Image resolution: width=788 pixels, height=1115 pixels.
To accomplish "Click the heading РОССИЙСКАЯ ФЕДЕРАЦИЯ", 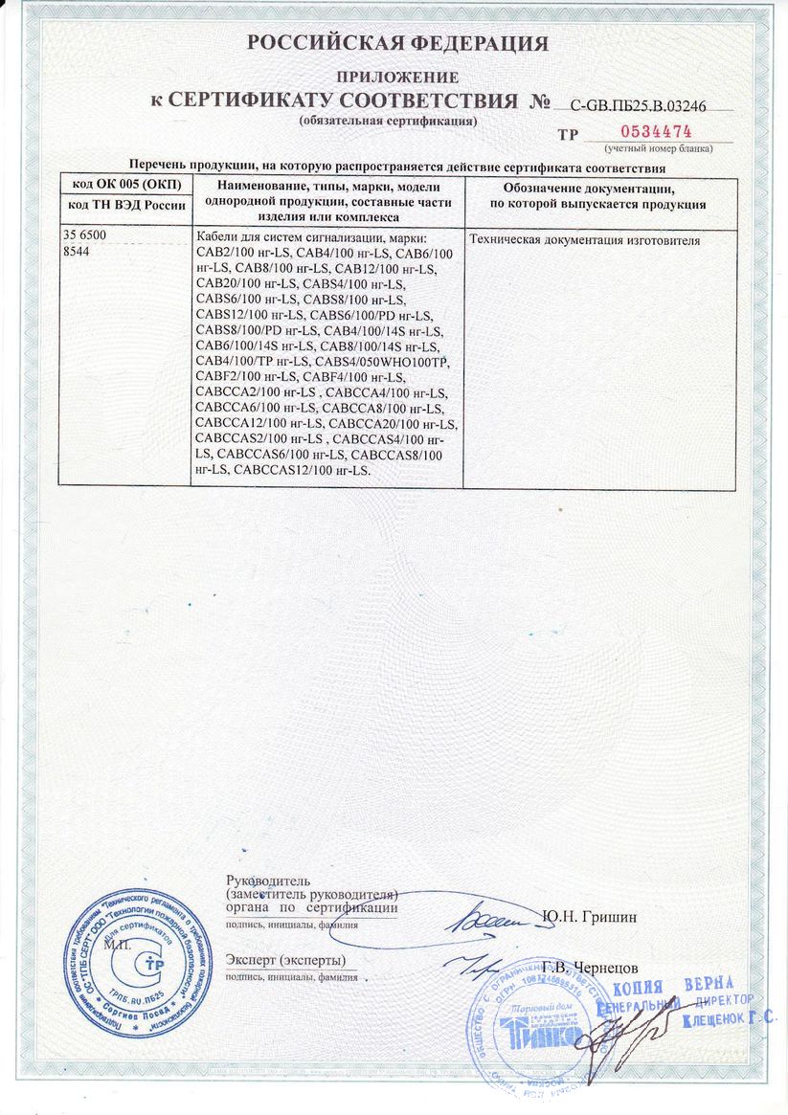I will pos(397,43).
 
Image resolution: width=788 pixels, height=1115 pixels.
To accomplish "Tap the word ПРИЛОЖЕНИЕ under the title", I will pos(396,77).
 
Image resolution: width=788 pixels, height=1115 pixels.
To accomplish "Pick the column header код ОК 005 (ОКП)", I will pos(125,186).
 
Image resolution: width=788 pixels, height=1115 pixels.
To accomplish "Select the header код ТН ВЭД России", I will pos(125,206).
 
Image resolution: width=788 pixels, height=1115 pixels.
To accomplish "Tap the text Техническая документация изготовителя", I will pos(585,240).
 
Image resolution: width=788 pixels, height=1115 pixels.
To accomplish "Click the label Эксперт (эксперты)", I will pos(285,959).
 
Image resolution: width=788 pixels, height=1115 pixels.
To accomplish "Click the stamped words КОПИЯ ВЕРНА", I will pos(672,986).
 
